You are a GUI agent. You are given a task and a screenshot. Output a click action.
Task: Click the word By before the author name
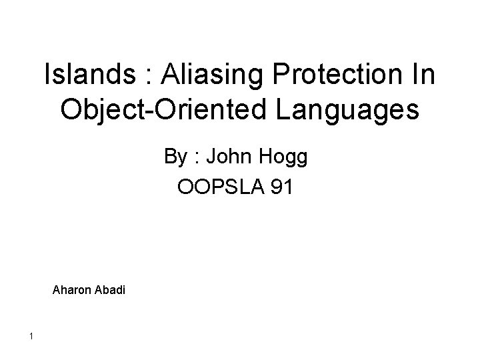pyautogui.click(x=175, y=158)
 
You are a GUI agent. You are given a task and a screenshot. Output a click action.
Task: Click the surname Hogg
pyautogui.click(x=283, y=159)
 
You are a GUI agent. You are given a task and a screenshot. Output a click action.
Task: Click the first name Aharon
pyautogui.click(x=71, y=290)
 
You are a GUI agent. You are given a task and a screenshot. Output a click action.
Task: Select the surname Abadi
pyautogui.click(x=109, y=290)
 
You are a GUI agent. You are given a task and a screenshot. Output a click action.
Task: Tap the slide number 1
pyautogui.click(x=31, y=335)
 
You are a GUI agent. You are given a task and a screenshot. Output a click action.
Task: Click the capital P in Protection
pyautogui.click(x=283, y=75)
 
